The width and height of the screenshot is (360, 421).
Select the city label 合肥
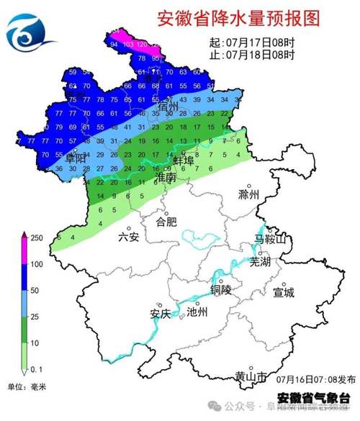[x=166, y=222]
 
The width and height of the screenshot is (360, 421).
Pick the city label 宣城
[x=284, y=292]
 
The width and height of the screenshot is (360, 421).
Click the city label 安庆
[x=160, y=314]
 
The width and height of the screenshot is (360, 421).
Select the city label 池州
[x=197, y=312]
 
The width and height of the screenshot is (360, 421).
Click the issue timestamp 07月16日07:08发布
[x=315, y=378]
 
